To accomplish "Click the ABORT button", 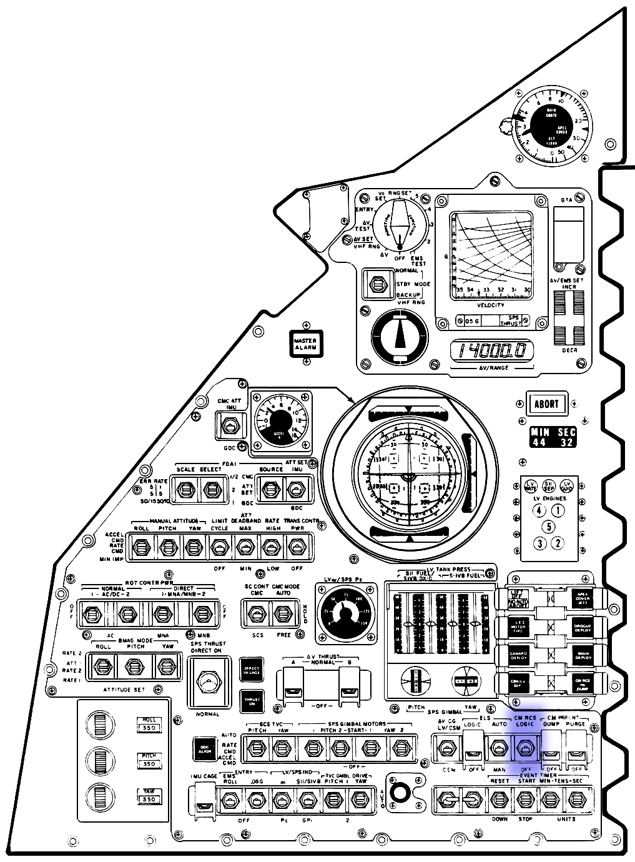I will point(546,404).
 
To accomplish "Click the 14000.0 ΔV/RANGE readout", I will point(493,351).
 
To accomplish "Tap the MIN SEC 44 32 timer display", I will point(553,437).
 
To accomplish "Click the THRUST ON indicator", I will point(252,701).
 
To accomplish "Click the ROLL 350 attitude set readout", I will point(149,724).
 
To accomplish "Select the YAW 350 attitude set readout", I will point(149,795).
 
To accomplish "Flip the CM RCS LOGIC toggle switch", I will point(525,747).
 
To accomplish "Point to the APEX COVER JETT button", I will point(582,598).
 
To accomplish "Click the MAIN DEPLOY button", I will point(582,655).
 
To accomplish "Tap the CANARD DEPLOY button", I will point(519,655).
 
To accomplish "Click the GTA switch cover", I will point(569,234).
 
